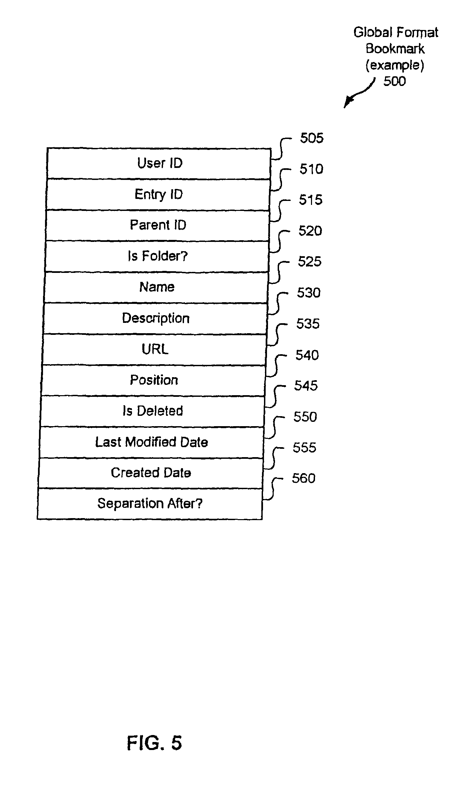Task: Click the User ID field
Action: [159, 163]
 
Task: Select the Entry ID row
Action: [158, 194]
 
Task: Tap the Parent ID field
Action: [158, 225]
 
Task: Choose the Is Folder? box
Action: [157, 256]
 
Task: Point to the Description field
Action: [155, 319]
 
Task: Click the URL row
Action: [155, 350]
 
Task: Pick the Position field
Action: [154, 381]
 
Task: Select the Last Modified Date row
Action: [152, 442]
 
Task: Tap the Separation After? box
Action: [150, 504]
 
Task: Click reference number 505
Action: [312, 138]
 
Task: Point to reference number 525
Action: [310, 262]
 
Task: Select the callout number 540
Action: [307, 355]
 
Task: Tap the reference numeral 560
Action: [304, 478]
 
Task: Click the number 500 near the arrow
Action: [395, 81]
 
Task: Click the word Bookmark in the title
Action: [395, 49]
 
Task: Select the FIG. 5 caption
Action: [154, 743]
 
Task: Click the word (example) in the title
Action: [395, 65]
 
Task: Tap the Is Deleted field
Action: [153, 411]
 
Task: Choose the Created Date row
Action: [151, 473]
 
